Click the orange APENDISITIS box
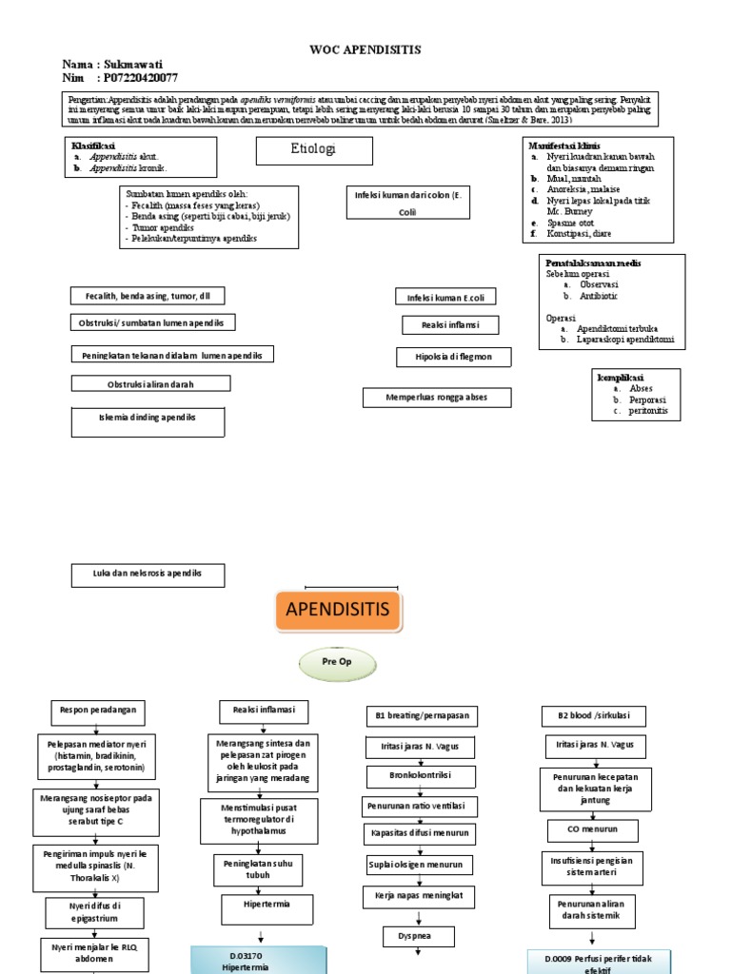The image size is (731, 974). pos(339,609)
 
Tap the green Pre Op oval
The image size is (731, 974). pos(338,666)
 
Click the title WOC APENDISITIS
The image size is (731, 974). pos(365,49)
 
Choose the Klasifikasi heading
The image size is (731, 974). pos(100,146)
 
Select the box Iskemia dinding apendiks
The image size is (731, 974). pos(148,419)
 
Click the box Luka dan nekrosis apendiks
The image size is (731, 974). pos(148,575)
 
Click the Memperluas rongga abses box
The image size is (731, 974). pos(436,397)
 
